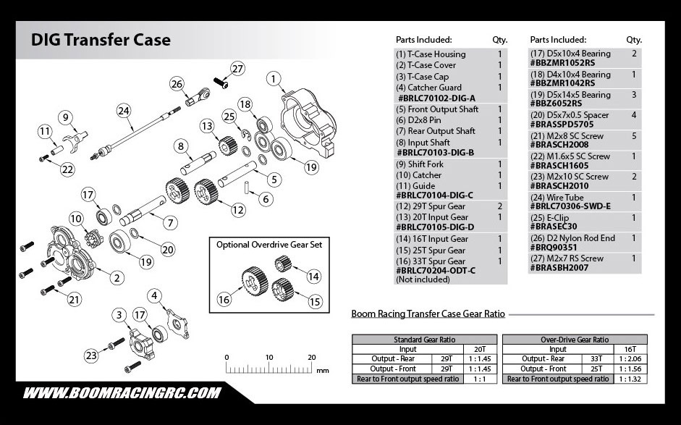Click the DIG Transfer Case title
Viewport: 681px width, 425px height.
coord(101,40)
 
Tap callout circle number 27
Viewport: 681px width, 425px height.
coord(237,69)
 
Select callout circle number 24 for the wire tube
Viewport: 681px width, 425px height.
coord(124,111)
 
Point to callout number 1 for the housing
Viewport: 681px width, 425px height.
coord(273,79)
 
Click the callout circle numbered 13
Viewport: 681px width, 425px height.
coord(207,126)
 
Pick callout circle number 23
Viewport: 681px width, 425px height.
coord(90,355)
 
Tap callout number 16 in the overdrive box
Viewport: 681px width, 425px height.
coord(224,299)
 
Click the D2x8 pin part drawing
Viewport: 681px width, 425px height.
coord(246,187)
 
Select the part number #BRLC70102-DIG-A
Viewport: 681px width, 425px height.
coord(436,98)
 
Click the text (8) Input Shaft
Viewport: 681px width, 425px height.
coord(423,143)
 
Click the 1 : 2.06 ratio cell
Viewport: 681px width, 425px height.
coord(630,359)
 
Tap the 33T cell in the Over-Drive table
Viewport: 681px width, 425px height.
coord(596,359)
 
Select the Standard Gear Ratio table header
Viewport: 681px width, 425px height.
coord(424,340)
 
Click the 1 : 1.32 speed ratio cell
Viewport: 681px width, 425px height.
coord(630,379)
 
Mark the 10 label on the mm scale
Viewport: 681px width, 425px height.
coord(269,357)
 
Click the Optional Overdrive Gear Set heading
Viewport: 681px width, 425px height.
coord(269,245)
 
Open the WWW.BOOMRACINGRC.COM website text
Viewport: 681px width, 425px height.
coord(122,393)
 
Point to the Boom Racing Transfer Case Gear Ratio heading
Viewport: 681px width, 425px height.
coord(428,314)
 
